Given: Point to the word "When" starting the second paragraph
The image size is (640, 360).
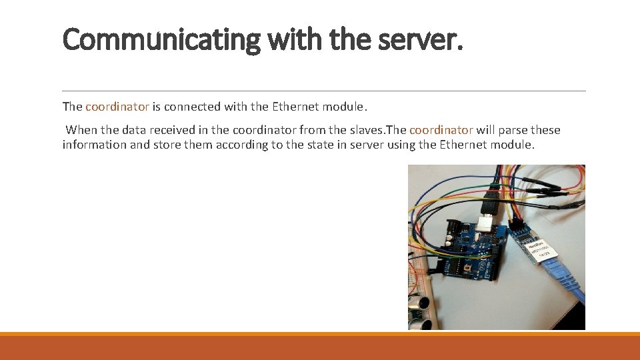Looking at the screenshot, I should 81,130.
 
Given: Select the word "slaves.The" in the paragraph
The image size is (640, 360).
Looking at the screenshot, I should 379,130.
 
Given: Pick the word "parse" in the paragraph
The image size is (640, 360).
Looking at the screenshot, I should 508,130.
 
